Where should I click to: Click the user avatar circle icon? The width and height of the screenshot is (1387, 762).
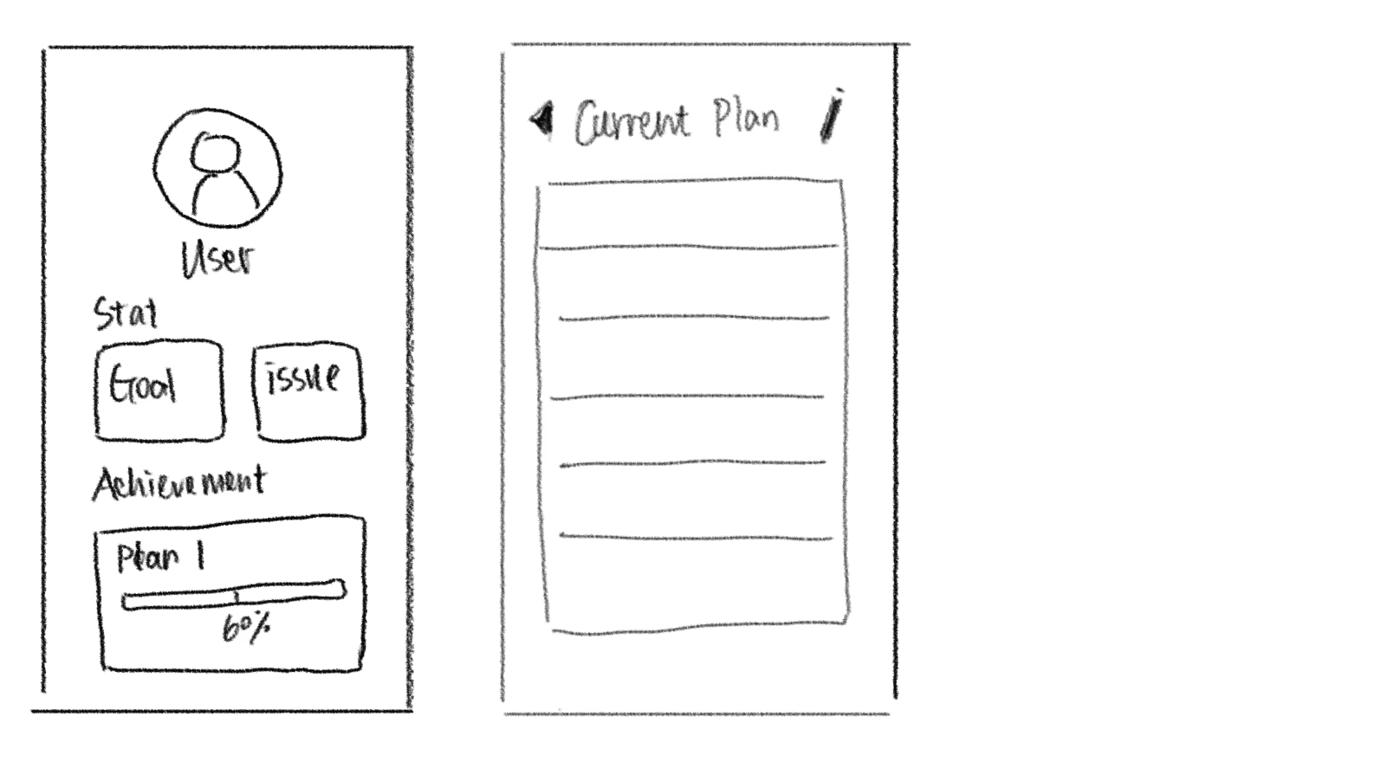(217, 167)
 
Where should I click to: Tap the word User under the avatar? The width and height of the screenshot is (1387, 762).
(217, 259)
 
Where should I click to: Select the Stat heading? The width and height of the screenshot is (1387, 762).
(126, 314)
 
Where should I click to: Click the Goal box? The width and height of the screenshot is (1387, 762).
(159, 390)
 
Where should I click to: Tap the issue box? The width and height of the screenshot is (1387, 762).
(308, 391)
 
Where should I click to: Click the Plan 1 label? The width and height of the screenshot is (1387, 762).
(160, 558)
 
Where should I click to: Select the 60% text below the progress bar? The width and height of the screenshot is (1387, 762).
(246, 628)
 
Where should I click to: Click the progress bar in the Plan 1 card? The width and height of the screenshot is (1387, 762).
(233, 596)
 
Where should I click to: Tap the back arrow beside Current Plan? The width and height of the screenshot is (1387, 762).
(541, 119)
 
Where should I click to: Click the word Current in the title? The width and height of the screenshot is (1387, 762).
(632, 122)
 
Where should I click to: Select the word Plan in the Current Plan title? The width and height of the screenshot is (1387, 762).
(746, 119)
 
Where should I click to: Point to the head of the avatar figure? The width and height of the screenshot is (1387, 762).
(215, 152)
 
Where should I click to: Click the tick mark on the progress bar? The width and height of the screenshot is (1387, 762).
(236, 595)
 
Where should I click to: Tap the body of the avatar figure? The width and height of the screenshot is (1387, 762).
(224, 195)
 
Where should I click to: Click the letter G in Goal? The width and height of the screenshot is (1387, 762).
(118, 386)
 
